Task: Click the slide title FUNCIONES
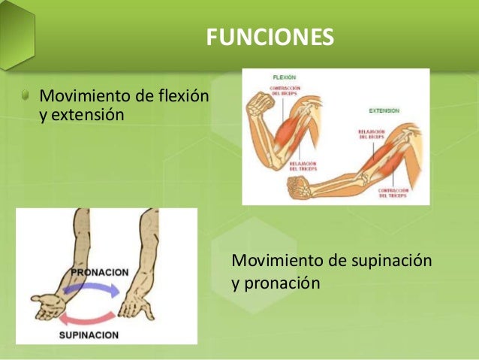[270, 37]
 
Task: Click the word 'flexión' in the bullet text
[184, 97]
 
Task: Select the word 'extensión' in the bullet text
[87, 116]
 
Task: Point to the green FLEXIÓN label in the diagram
[284, 77]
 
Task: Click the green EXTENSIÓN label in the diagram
[384, 110]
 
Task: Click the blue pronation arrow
[89, 289]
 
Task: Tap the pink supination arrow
[89, 314]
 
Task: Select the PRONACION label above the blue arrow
[100, 271]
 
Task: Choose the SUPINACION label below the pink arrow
[89, 334]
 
